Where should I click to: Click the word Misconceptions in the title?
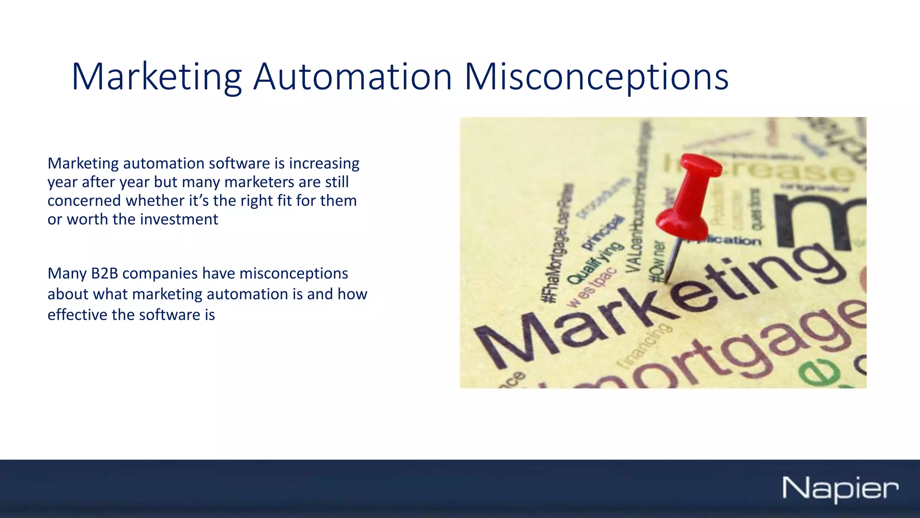(x=596, y=77)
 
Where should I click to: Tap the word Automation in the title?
(x=352, y=76)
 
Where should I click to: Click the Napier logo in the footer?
(x=840, y=488)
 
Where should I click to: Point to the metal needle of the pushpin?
(x=672, y=261)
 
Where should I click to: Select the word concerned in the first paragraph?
(x=84, y=201)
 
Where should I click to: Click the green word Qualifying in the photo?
(x=596, y=263)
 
